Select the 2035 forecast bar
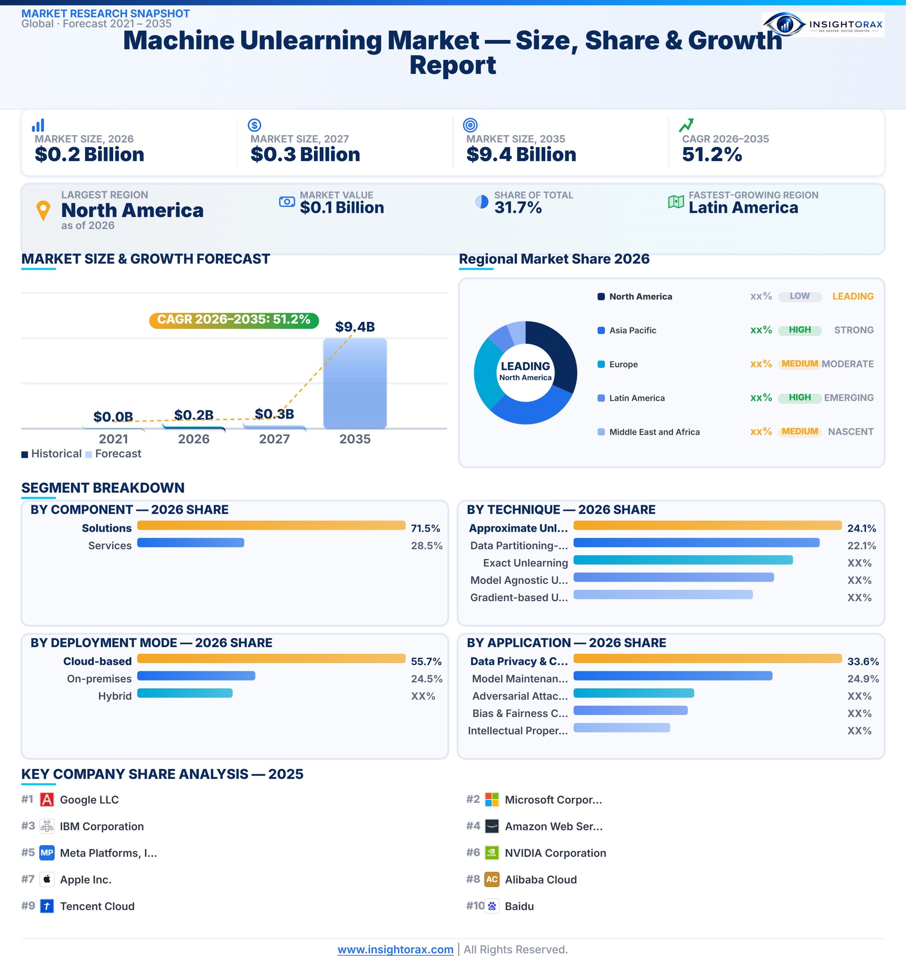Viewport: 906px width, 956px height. click(x=355, y=383)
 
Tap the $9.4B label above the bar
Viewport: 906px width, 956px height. click(x=355, y=327)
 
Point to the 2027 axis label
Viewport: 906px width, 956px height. click(x=274, y=439)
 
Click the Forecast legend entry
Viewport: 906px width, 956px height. click(x=114, y=454)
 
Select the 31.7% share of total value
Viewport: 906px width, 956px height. click(x=518, y=208)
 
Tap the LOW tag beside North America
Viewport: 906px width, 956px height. click(x=800, y=296)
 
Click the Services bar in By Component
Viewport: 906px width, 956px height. click(x=191, y=543)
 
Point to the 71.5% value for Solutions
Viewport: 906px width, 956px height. click(x=425, y=528)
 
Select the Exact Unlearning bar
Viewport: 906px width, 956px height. click(x=683, y=560)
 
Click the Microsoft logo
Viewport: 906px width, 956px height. click(x=492, y=800)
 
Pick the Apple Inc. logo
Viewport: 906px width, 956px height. click(x=47, y=880)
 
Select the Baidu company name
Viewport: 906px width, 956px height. click(x=519, y=906)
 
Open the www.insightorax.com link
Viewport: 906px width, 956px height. click(x=396, y=949)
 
